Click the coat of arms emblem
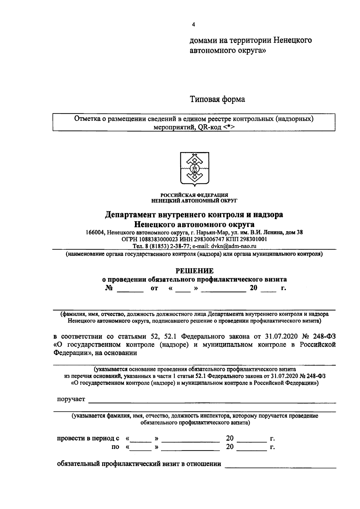(194, 169)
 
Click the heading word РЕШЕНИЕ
(194, 271)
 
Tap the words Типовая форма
(217, 99)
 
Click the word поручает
(71, 399)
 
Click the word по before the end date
(115, 447)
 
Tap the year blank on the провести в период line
(251, 439)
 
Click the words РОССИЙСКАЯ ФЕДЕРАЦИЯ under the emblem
(194, 195)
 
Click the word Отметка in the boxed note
(87, 119)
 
